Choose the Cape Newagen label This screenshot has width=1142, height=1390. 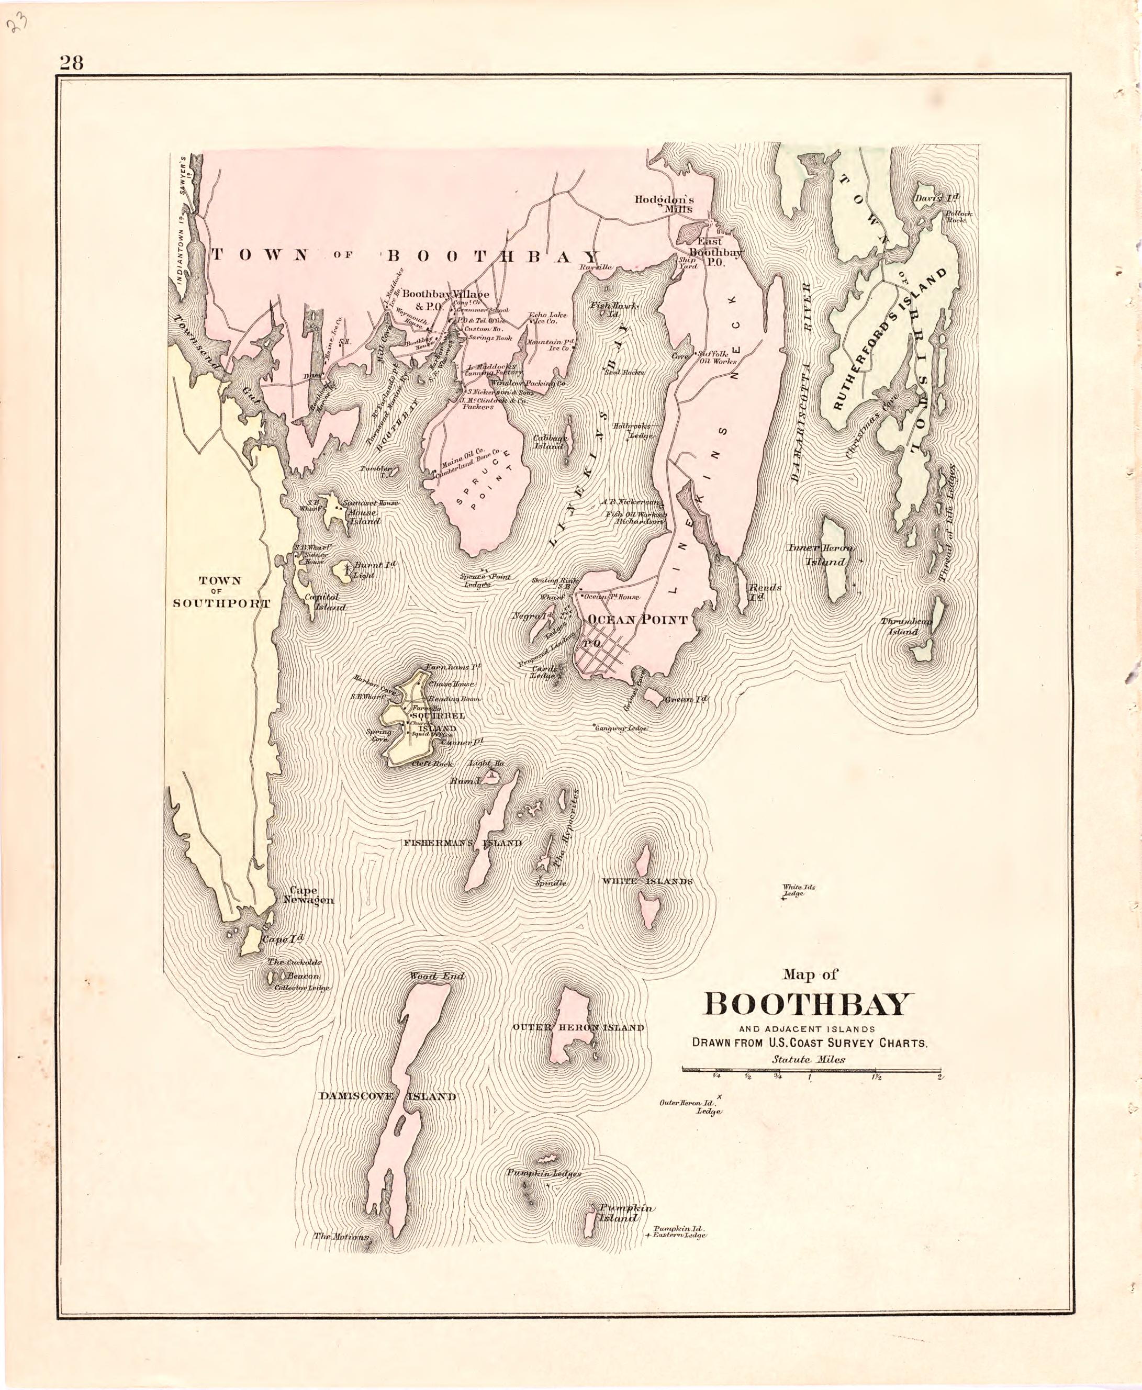coord(310,894)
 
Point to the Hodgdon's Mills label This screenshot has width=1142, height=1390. coord(664,204)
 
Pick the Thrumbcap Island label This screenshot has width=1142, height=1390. coord(906,626)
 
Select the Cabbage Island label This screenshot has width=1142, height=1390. coord(550,441)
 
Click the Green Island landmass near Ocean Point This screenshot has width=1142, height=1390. coord(653,697)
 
